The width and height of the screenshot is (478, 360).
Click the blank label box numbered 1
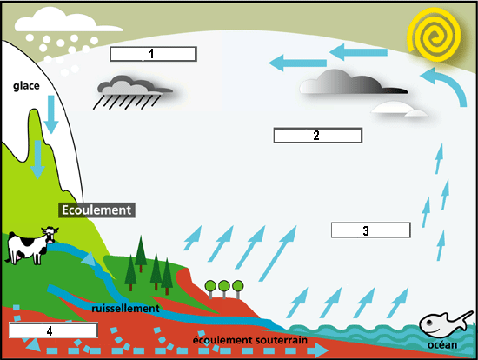[x=153, y=54]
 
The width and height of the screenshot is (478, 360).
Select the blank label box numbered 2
[x=318, y=135]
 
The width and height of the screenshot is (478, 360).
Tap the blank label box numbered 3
[x=371, y=230]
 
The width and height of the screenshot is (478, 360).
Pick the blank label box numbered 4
[x=53, y=330]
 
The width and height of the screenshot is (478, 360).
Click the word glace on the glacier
[x=26, y=86]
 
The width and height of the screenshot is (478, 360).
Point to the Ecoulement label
[x=96, y=210]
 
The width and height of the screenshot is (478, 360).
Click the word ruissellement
[x=126, y=309]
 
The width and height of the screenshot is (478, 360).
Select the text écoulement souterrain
[x=250, y=340]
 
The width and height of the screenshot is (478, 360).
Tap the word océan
[x=442, y=344]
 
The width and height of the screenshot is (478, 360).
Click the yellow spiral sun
[x=434, y=35]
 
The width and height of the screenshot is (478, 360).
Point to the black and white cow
[x=31, y=245]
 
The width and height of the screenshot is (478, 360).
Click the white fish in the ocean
[x=446, y=323]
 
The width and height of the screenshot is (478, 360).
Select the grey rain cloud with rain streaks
[x=133, y=92]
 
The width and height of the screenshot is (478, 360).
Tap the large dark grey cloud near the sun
[x=354, y=82]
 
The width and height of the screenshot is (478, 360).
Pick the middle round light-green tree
[x=224, y=289]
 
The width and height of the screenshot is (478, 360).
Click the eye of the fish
[x=429, y=322]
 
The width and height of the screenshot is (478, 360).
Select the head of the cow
[x=50, y=234]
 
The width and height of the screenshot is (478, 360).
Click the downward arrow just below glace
[x=51, y=114]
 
